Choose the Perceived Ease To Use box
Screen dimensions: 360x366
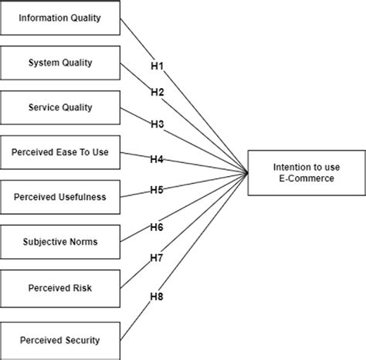(59, 153)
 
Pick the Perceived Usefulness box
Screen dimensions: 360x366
(59, 197)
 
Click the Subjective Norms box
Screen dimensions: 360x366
(59, 242)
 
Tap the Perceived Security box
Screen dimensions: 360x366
(59, 339)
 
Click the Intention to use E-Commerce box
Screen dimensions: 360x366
(306, 173)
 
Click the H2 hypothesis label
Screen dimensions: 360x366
(157, 93)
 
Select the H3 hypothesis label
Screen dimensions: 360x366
(157, 124)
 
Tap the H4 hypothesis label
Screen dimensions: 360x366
(157, 160)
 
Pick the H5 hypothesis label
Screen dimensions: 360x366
(157, 190)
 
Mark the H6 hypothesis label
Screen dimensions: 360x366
(157, 226)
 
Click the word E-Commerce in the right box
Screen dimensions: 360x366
(306, 180)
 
